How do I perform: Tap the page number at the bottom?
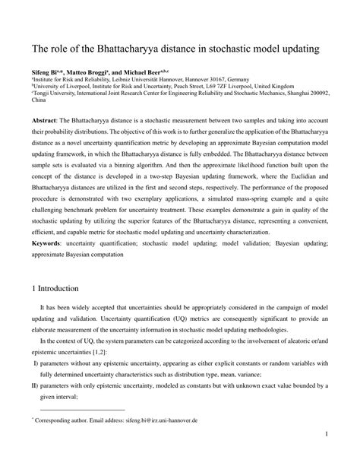click(x=325, y=456)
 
